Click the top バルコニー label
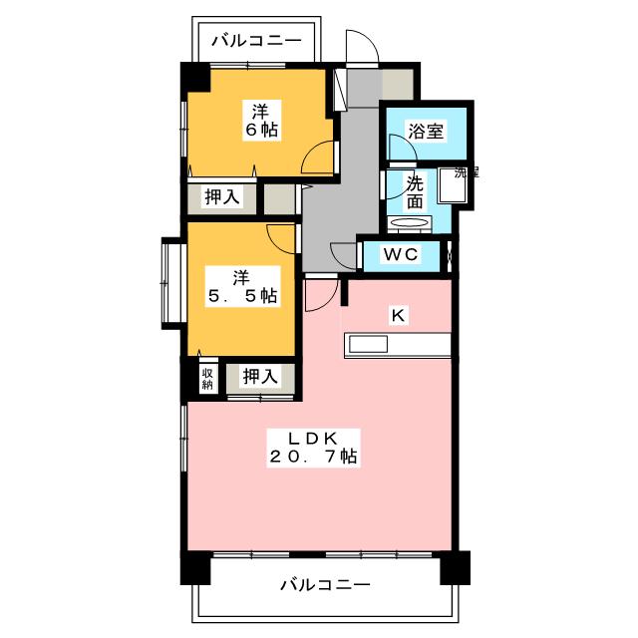257,40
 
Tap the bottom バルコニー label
326,585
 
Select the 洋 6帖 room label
262,120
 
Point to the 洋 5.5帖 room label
243,286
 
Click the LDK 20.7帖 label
313,448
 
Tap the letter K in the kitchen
398,315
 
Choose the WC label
401,254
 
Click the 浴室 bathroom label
426,131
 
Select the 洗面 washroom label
415,192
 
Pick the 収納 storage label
207,379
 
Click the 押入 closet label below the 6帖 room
222,197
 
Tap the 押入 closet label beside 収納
260,376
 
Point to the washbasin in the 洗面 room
409,223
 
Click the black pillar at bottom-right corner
456,567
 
